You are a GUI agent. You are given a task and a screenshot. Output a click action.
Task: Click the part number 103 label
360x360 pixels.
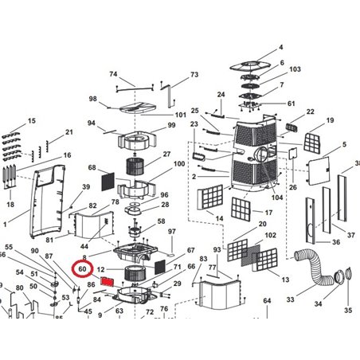tap(295, 70)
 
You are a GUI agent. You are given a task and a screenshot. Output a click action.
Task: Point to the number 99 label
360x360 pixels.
tap(170, 127)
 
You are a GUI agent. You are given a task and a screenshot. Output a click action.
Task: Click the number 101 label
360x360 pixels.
tap(180, 115)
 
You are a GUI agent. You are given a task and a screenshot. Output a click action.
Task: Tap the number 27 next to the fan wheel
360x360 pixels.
tap(167, 155)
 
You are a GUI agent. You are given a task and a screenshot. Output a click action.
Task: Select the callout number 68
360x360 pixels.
tap(92, 168)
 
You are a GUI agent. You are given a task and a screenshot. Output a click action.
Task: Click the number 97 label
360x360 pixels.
tap(170, 231)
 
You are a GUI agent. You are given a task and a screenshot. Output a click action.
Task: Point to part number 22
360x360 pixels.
tap(310, 112)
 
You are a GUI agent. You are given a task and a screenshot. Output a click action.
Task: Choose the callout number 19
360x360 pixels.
tap(329, 120)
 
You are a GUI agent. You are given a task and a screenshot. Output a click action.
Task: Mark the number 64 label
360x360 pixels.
tap(268, 300)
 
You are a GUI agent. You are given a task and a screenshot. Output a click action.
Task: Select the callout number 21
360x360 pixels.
tap(69, 131)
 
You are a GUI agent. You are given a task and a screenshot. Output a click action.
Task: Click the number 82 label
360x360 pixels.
tap(92, 206)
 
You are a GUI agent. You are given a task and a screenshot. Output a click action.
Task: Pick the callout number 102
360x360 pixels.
tap(270, 236)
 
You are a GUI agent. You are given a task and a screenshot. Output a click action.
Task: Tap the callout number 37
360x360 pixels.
tap(351, 235)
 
